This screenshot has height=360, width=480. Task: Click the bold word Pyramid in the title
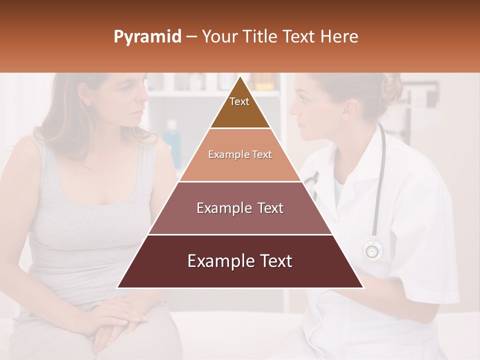(x=147, y=37)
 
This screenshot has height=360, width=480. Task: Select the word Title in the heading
(x=259, y=37)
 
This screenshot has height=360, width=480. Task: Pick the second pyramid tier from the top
(x=240, y=155)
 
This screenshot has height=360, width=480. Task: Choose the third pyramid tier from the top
(x=240, y=208)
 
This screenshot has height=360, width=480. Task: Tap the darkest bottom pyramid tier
(x=240, y=261)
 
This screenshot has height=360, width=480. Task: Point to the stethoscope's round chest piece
(x=372, y=249)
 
